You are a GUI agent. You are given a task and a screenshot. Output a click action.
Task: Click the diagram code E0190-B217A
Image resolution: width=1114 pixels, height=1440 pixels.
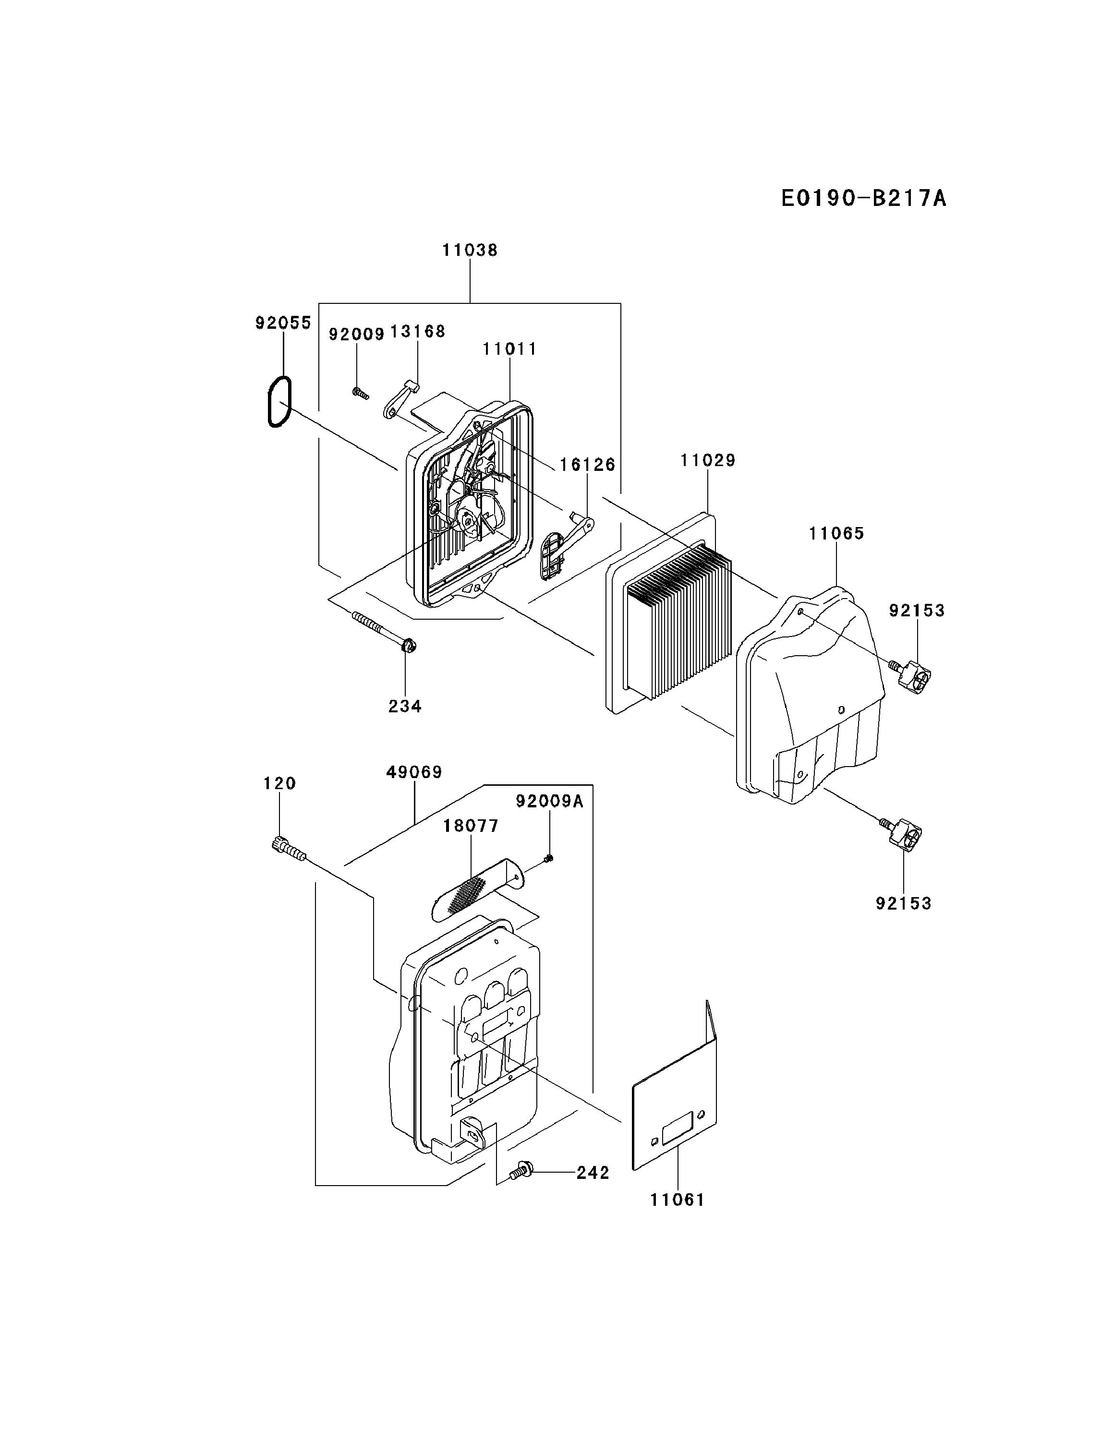[x=863, y=198]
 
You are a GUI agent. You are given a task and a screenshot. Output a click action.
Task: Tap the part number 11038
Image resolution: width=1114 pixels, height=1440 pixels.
[x=470, y=251]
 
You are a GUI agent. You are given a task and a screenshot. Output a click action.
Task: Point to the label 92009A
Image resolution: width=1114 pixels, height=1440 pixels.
[x=550, y=801]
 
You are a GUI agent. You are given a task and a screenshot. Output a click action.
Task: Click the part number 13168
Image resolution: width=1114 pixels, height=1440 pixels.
[x=417, y=332]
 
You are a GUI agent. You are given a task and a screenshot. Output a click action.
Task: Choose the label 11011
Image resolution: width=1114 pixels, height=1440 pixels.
[x=510, y=349]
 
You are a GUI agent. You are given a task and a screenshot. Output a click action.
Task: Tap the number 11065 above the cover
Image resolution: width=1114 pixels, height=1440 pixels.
[x=836, y=533]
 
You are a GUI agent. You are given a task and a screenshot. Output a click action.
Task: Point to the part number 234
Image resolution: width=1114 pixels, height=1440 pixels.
[x=405, y=706]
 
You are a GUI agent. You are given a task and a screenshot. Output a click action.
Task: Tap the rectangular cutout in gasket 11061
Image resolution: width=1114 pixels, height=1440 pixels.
[x=678, y=1131]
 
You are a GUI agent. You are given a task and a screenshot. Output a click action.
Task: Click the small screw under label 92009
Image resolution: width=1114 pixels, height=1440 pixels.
[x=360, y=394]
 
